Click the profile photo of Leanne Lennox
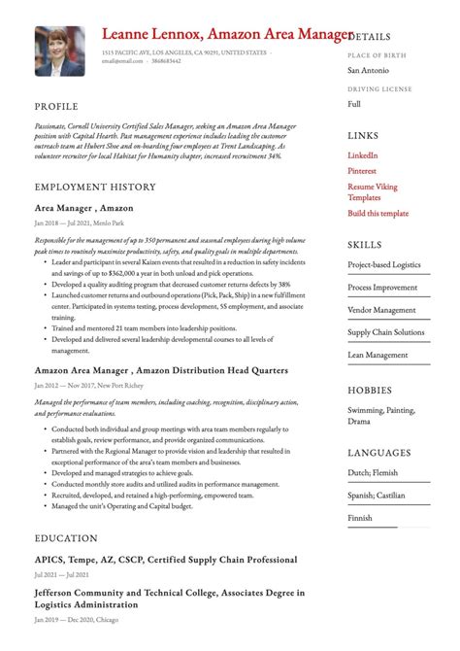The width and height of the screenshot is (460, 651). [x=60, y=51]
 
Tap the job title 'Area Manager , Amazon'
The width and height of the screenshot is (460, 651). [x=83, y=208]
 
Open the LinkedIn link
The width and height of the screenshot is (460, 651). [x=363, y=155]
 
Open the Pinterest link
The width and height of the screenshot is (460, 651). [x=363, y=170]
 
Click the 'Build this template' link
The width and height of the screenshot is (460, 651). [x=378, y=213]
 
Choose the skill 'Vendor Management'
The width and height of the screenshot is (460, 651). [x=383, y=310]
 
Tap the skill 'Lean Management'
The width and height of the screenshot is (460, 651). [x=378, y=355]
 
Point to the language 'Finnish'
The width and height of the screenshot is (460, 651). [x=361, y=518]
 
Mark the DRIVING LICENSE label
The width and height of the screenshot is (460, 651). [x=379, y=89]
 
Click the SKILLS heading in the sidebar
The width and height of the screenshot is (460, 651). [x=365, y=245]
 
